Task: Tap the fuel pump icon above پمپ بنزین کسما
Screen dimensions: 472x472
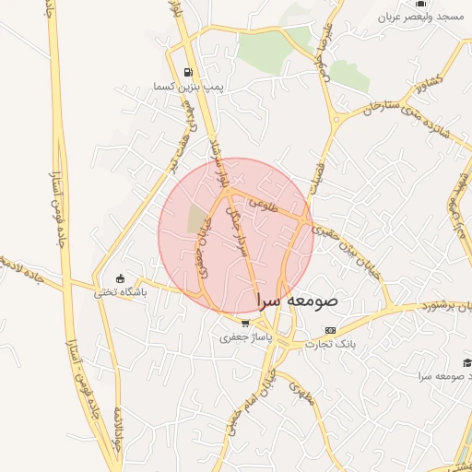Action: point(189,72)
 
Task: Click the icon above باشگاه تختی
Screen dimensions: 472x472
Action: point(120,279)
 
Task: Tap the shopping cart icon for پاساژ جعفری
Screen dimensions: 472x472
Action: point(244,324)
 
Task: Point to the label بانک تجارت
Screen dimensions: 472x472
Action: point(332,344)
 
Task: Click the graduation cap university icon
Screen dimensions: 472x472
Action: point(466,362)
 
